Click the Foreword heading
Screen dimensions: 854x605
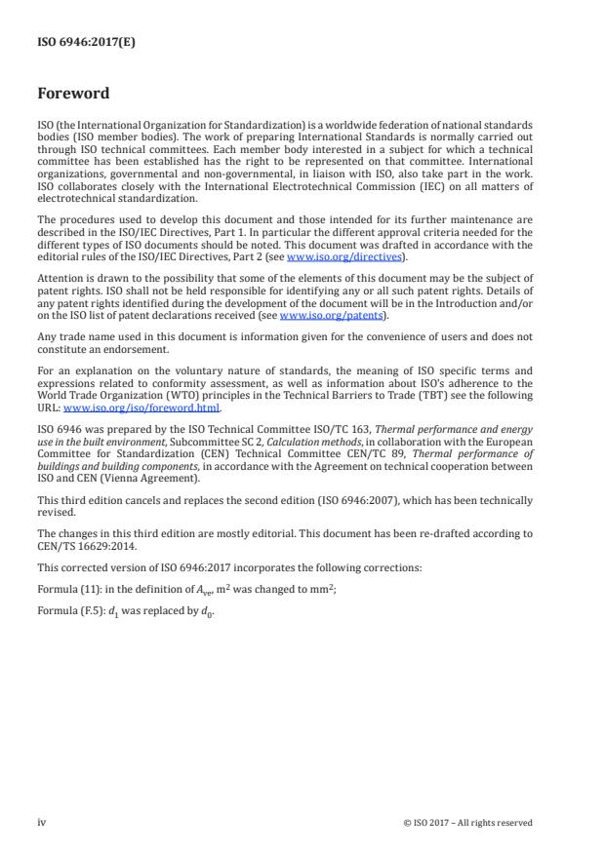(x=73, y=95)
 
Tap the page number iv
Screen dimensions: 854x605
(x=41, y=822)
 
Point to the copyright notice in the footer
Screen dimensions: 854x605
(x=467, y=823)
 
